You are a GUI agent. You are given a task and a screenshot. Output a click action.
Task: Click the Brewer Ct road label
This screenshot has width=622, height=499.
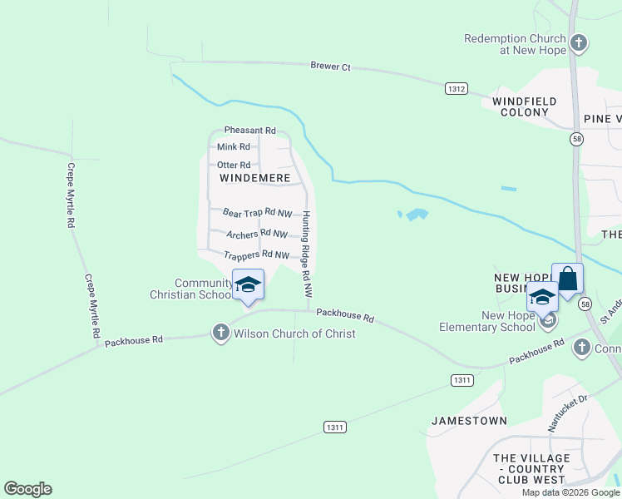point(330,67)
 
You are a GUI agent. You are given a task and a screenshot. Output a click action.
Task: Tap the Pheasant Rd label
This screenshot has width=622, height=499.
point(249,131)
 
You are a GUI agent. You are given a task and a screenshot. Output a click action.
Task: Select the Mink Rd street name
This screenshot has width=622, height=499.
point(233,147)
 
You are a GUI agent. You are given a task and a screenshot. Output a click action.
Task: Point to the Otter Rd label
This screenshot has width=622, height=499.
point(233,166)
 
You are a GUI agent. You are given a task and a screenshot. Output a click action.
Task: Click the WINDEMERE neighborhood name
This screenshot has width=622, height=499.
point(254,179)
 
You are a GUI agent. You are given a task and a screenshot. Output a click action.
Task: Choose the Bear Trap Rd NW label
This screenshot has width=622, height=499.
point(258,214)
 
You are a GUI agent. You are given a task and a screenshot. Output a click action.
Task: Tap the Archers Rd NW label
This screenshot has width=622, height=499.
point(257,235)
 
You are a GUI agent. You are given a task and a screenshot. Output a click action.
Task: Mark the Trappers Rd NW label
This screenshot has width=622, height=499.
point(256,255)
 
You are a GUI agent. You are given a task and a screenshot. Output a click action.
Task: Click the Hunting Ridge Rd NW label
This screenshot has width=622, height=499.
point(307,254)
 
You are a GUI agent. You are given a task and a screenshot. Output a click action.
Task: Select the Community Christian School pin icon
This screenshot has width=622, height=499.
point(247,284)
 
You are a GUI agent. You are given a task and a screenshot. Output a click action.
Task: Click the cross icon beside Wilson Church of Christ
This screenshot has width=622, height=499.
point(220,333)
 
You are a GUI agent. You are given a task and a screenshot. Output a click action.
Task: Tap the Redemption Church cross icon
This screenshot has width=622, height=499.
point(579,42)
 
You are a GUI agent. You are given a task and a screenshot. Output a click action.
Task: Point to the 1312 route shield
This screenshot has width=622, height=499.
point(457,88)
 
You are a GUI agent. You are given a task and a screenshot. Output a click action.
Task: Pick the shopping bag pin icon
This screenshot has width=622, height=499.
point(567,279)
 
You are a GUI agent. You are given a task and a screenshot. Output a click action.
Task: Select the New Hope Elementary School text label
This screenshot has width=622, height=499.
point(487,321)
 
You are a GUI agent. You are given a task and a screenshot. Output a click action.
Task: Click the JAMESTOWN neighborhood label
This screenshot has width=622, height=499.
point(469,421)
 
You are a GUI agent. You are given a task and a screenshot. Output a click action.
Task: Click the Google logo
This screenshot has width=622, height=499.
point(27,489)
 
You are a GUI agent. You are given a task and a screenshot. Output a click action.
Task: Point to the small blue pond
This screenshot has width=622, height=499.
point(413,215)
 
